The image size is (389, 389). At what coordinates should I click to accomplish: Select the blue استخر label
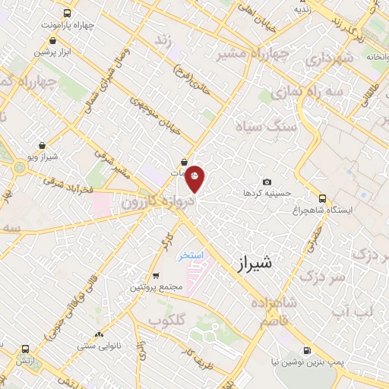coord(192,255)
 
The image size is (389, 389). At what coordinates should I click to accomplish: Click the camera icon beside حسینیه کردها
coord(267,182)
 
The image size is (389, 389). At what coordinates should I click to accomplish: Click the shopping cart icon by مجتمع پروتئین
coord(157,276)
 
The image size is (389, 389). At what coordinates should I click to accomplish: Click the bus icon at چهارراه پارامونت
coord(68,13)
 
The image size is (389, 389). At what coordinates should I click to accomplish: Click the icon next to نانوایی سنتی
coord(97,335)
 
